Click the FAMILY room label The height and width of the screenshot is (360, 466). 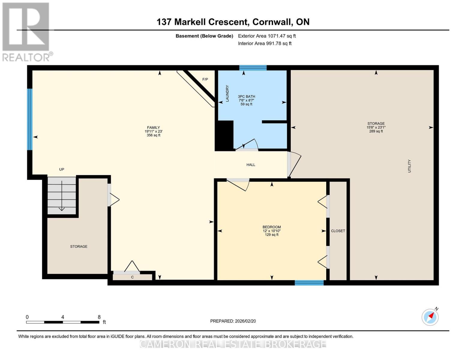point(153,127)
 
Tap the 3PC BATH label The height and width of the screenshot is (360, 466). point(246,97)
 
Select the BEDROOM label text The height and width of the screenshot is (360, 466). point(272,227)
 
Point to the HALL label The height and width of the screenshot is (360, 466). point(251,165)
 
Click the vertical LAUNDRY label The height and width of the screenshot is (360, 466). point(227,93)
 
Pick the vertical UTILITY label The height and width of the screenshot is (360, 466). point(409,166)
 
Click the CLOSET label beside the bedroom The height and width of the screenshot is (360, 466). point(338,231)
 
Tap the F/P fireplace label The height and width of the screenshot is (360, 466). point(205,79)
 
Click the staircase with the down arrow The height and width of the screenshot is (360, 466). point(62,195)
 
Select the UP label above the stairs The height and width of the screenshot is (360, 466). point(62,169)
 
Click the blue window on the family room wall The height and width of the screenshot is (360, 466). point(29,119)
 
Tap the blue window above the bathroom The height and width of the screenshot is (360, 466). point(253,68)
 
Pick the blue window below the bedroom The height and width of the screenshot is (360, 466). point(309,283)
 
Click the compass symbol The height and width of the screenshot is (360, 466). point(430,317)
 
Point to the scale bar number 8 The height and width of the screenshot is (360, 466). point(99,317)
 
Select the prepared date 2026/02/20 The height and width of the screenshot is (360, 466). point(233,321)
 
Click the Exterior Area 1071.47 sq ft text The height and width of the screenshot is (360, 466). point(267,36)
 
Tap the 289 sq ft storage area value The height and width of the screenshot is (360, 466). point(376,131)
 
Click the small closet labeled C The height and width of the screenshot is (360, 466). point(132,277)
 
